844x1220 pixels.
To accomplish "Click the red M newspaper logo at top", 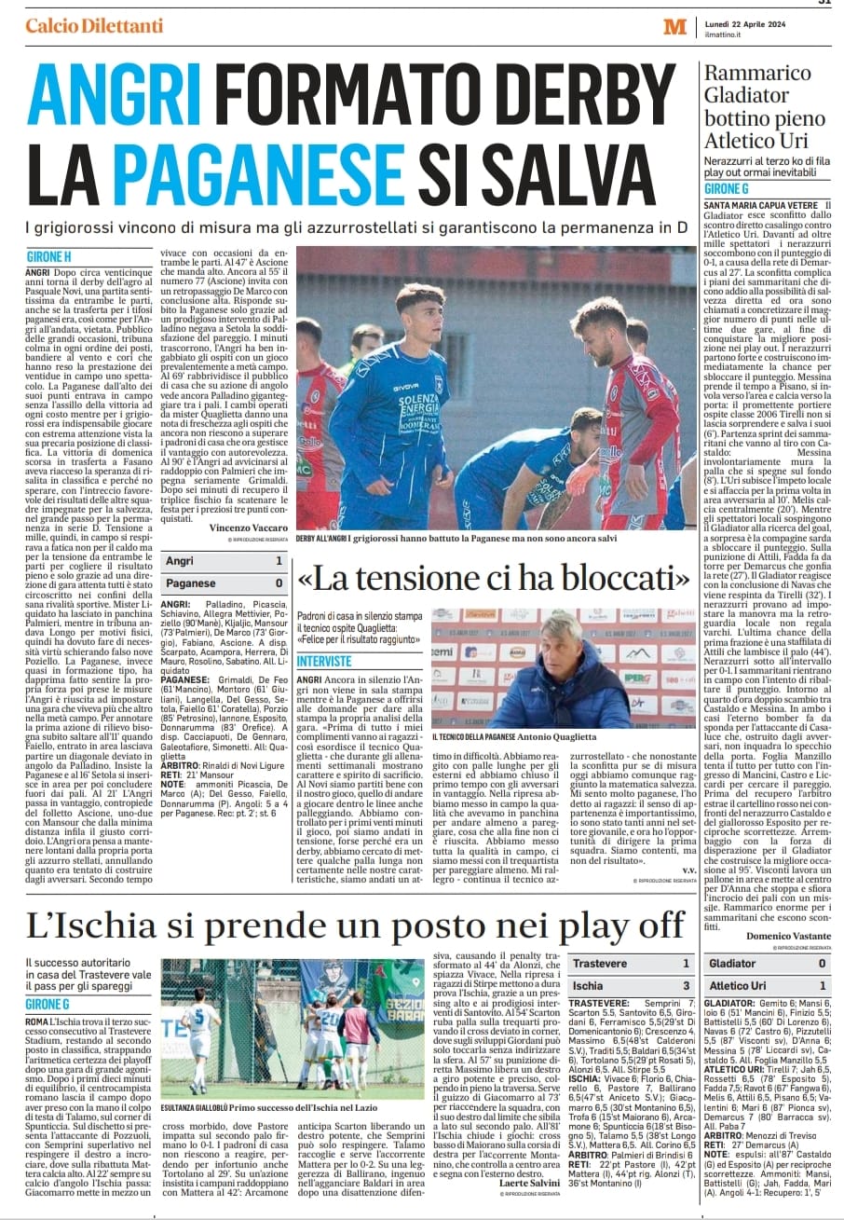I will coord(674,27).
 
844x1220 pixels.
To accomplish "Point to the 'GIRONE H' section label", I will coord(48,255).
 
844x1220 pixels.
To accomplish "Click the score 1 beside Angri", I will coord(279,561).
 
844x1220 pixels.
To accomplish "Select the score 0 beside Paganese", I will coord(279,583).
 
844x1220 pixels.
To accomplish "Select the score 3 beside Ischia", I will coord(686,985).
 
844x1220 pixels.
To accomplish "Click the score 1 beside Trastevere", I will coord(686,963).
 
